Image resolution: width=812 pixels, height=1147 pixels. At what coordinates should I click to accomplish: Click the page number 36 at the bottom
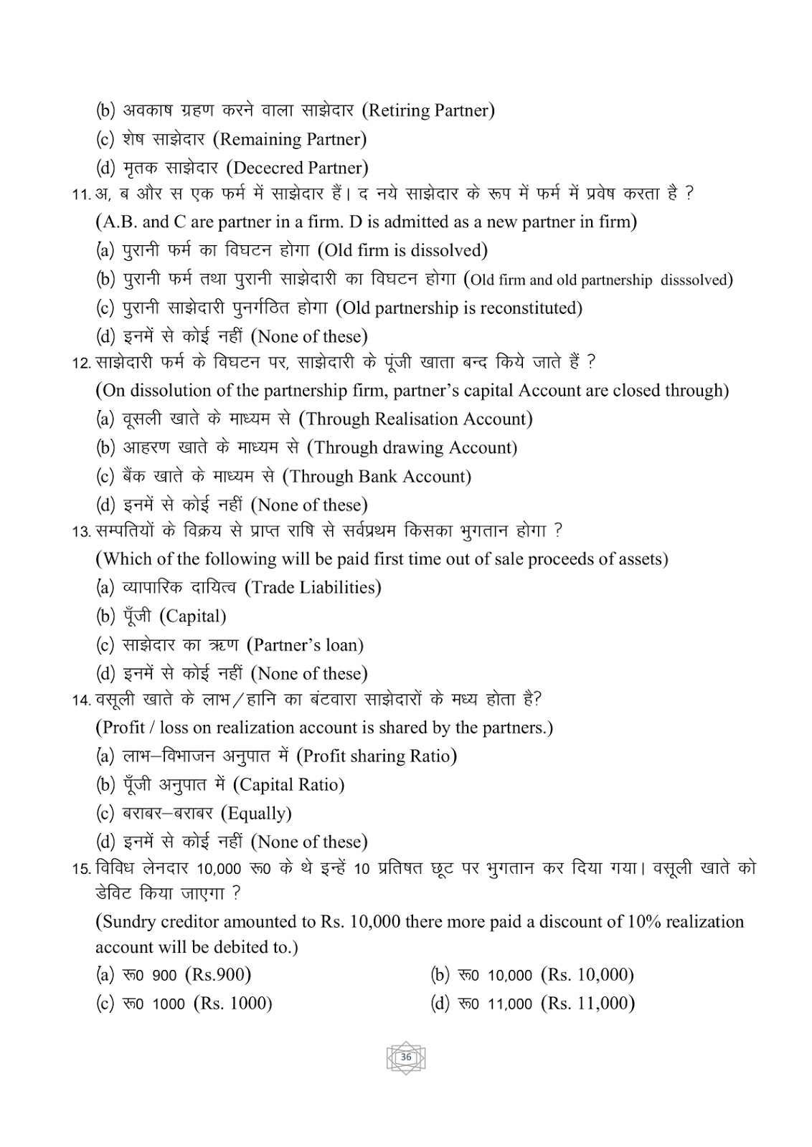(406, 1057)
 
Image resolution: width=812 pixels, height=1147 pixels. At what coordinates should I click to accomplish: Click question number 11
(81, 195)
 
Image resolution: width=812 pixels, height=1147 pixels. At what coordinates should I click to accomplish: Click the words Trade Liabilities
(313, 588)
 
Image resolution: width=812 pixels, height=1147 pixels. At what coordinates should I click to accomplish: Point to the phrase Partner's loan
(305, 645)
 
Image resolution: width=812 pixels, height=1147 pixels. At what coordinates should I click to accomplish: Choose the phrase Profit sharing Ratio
(376, 756)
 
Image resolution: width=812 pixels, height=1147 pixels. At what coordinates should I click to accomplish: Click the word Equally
(256, 814)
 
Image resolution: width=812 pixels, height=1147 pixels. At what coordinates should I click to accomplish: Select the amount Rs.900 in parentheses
(218, 975)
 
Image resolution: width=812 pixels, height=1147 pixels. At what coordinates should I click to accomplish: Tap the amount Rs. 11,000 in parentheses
(587, 1004)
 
